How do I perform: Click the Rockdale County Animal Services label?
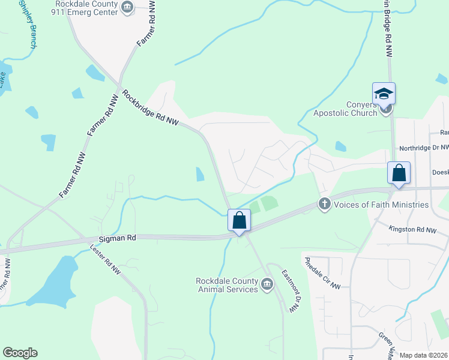(x=226, y=285)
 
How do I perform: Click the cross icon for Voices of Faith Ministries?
(x=325, y=204)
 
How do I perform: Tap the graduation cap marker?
(x=384, y=94)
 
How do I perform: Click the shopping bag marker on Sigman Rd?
(x=239, y=220)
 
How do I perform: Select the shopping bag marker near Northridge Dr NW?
(x=399, y=173)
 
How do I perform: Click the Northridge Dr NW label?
(x=424, y=147)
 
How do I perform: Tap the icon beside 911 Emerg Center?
(x=127, y=7)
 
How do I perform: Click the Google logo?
(x=20, y=353)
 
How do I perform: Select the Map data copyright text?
(x=424, y=355)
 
